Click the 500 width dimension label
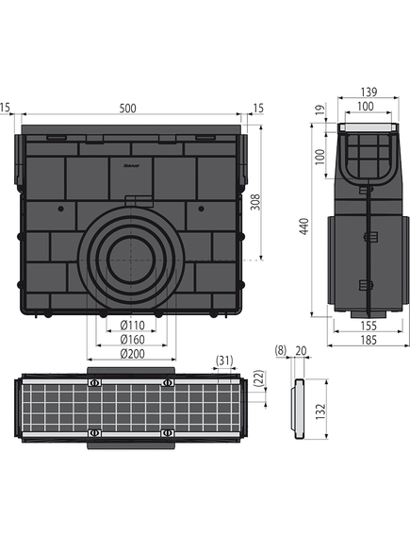point(128,109)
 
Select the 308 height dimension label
point(255,202)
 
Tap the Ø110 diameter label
point(132,325)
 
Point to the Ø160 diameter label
point(132,340)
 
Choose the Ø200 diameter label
point(132,353)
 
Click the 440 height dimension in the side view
point(304,227)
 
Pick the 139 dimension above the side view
point(369,92)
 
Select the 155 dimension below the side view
point(369,326)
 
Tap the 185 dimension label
point(369,340)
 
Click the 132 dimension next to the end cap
point(320,411)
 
